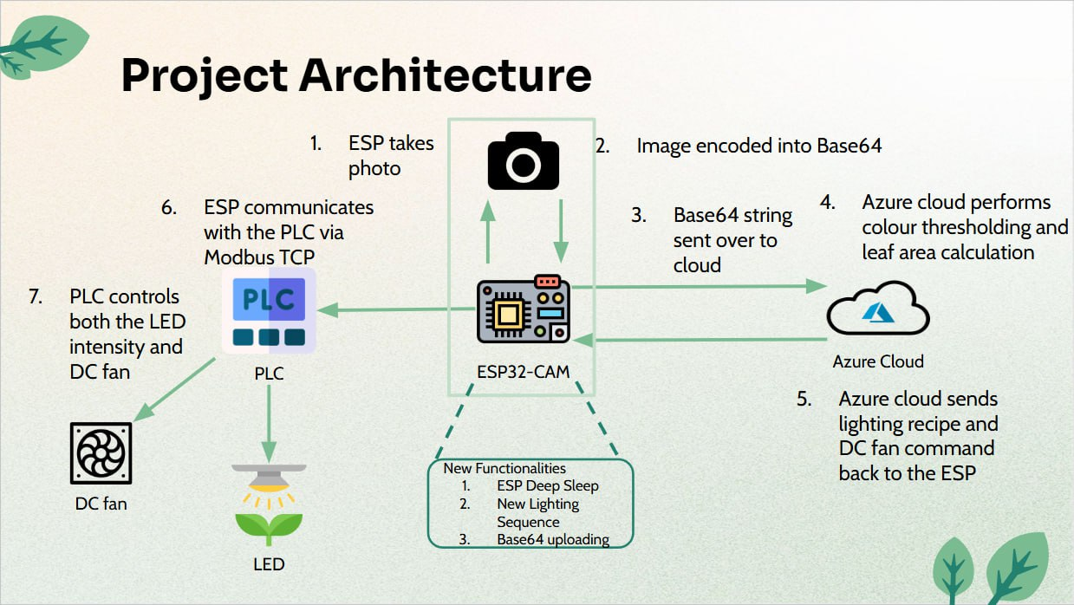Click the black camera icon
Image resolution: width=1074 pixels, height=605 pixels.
pos(523,160)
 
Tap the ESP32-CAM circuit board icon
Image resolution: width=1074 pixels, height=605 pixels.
pos(523,309)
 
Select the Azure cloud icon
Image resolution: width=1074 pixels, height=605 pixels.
pos(878,308)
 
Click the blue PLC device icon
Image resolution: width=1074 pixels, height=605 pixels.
pos(269,310)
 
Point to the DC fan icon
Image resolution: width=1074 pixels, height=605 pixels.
pos(101,453)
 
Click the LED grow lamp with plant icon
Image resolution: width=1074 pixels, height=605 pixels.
pos(269,504)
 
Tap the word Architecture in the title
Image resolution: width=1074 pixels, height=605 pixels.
pos(446,75)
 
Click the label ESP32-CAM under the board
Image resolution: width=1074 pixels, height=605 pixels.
pos(523,372)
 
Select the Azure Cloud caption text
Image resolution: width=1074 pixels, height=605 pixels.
pos(878,361)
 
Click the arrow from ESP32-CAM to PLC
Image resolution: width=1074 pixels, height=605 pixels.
pos(396,309)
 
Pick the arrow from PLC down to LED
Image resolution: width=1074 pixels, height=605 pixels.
pos(269,424)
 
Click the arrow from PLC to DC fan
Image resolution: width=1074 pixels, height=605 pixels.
pos(174,389)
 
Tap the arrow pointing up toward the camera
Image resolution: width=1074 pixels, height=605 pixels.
pos(488,231)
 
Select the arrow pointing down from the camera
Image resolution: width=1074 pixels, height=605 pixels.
pos(561,231)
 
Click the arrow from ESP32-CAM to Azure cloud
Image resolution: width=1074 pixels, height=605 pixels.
pos(699,287)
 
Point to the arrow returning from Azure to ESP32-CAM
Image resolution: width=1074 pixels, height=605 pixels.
pos(700,340)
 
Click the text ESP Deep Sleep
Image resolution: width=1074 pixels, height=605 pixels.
pos(548,485)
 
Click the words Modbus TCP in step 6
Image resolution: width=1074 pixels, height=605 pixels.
pos(259,257)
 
